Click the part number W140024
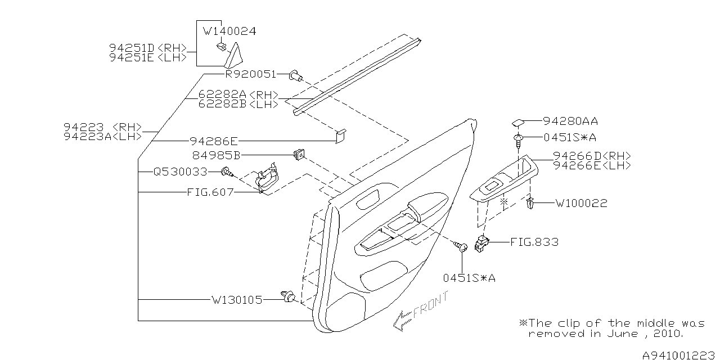(229, 31)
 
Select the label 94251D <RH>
(148, 48)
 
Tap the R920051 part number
(250, 74)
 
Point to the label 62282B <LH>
(238, 104)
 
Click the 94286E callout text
(214, 142)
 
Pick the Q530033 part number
(180, 172)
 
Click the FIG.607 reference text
(210, 192)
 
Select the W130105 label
(237, 300)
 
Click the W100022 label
(581, 203)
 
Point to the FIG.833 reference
(534, 242)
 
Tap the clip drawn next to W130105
(288, 296)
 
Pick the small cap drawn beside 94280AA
(518, 121)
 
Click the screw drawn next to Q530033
(227, 171)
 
